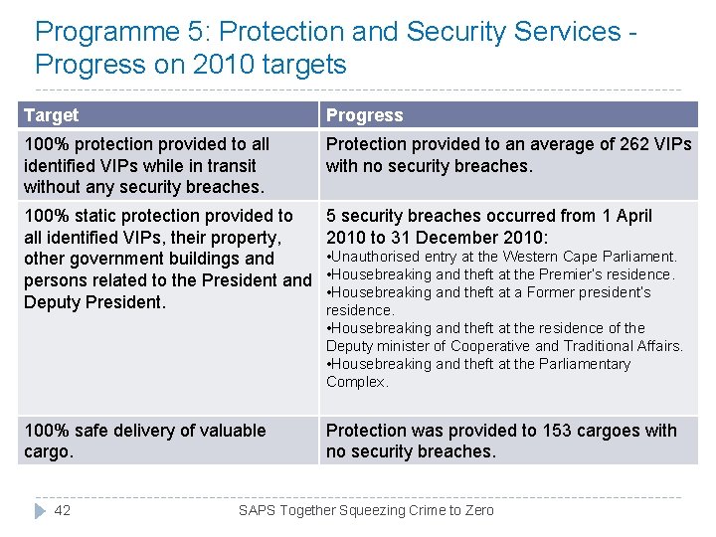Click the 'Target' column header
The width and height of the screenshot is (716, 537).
(51, 115)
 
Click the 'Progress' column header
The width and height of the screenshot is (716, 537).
(364, 115)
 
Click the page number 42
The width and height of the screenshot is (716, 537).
(63, 510)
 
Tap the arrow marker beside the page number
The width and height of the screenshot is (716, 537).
(40, 510)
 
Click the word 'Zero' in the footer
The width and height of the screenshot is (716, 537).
(478, 510)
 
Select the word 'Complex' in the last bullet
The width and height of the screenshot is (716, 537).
(356, 382)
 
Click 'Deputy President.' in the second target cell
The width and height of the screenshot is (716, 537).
(94, 302)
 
